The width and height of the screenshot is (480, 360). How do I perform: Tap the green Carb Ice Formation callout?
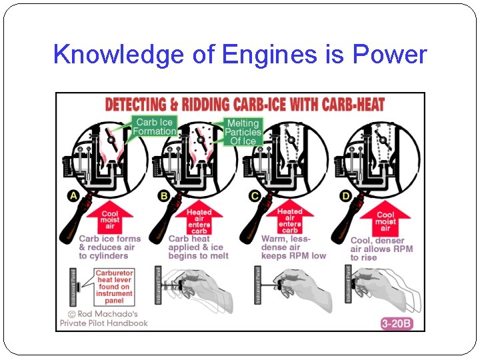(154, 127)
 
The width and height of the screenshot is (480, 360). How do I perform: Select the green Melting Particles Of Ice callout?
(243, 132)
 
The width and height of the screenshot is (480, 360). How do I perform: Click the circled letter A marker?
(73, 195)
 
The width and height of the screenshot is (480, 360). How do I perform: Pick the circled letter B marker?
(164, 195)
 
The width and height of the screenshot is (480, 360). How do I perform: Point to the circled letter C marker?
(255, 195)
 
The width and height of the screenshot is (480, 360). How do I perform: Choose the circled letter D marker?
(345, 195)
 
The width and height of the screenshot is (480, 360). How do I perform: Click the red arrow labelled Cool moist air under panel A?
(109, 219)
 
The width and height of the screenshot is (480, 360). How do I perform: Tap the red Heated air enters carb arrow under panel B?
(199, 219)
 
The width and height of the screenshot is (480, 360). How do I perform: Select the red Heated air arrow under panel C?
(289, 219)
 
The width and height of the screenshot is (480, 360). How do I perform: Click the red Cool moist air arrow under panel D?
(385, 219)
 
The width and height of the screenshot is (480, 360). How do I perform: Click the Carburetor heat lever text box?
(114, 287)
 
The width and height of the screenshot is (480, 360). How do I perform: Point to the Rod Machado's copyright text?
(103, 319)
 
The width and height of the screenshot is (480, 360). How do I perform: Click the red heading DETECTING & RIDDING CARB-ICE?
(245, 105)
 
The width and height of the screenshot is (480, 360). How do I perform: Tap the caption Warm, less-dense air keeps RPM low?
(293, 247)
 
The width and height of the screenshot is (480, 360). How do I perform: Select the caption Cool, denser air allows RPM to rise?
(381, 249)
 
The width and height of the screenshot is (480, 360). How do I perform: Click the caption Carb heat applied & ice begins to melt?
(198, 247)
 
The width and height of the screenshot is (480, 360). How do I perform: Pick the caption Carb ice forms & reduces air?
(109, 247)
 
